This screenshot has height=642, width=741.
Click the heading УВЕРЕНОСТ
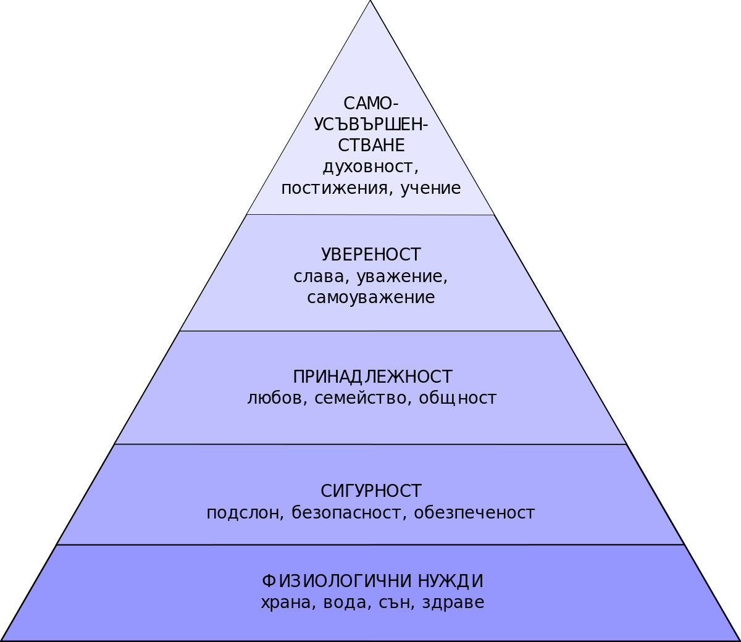click(x=371, y=255)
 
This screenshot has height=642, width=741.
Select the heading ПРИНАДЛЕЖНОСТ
click(x=372, y=377)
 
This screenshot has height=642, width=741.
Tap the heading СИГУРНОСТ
click(x=371, y=491)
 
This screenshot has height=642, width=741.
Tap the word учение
click(x=430, y=188)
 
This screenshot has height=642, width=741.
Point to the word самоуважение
click(x=371, y=298)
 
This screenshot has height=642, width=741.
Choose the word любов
click(x=276, y=398)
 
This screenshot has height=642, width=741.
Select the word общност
click(x=458, y=398)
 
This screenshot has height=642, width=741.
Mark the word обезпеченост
click(x=474, y=513)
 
